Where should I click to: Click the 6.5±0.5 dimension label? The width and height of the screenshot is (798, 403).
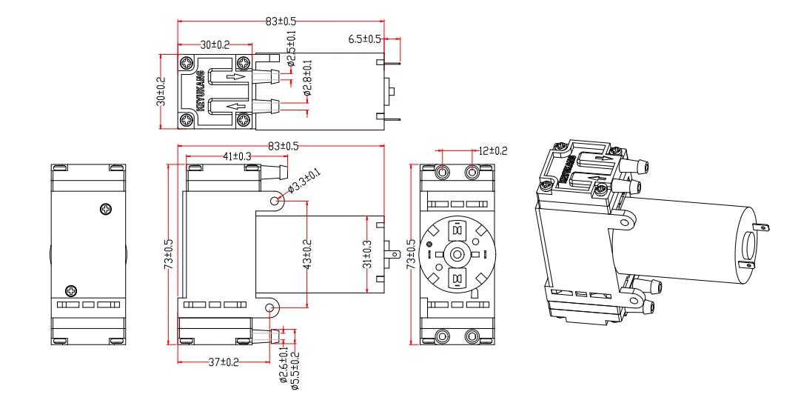click(364, 39)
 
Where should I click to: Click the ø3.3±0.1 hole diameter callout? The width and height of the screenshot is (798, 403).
click(304, 181)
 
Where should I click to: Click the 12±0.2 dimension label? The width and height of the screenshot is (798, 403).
click(492, 150)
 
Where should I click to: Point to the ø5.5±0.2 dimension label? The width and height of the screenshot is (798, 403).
click(296, 370)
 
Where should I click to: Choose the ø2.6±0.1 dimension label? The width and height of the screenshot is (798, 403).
click(283, 370)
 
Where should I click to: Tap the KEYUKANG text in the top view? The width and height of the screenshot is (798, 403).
click(199, 92)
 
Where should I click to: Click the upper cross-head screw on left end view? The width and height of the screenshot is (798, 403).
click(107, 210)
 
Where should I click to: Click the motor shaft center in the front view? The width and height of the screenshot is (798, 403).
click(457, 254)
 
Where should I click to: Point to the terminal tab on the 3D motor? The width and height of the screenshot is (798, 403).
click(762, 230)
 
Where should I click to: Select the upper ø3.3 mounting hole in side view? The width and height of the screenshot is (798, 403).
click(276, 201)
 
